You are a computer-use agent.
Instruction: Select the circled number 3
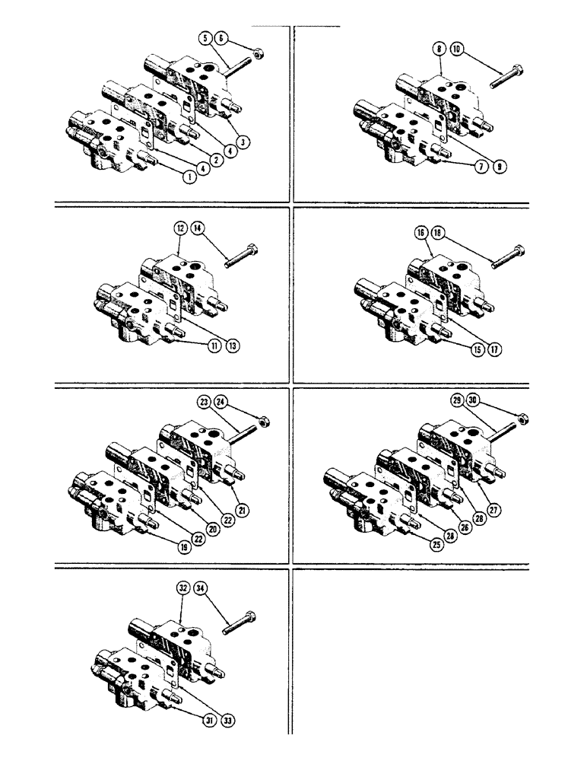pos(243,141)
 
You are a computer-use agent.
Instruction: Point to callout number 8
pos(439,48)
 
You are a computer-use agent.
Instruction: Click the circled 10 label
pos(456,48)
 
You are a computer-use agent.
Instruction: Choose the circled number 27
pos(494,511)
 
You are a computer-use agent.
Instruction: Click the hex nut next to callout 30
pos(523,418)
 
